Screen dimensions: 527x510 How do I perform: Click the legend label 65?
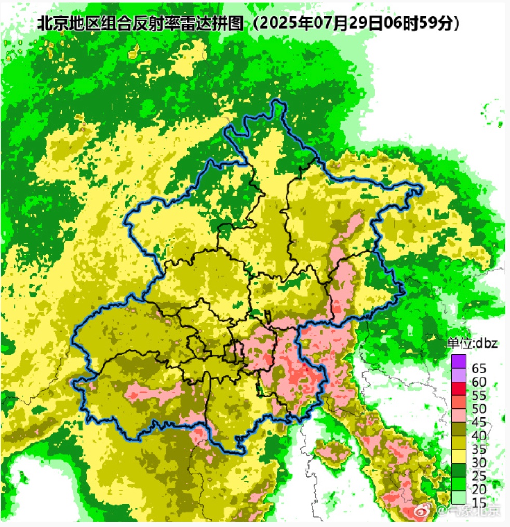click(x=479, y=369)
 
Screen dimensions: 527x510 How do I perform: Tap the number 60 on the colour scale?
click(x=479, y=382)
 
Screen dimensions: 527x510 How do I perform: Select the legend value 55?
click(x=479, y=395)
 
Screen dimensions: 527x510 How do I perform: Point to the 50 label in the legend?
click(x=479, y=408)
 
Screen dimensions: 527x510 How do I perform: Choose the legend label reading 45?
click(x=479, y=421)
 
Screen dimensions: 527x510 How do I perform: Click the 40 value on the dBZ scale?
click(x=479, y=434)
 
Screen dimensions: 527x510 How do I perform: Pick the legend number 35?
click(x=479, y=447)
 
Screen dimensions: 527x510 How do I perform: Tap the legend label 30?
click(x=479, y=460)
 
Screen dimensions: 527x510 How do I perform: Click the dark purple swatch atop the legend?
click(x=459, y=361)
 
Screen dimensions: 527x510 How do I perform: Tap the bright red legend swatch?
click(x=459, y=387)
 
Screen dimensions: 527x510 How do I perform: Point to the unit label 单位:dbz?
click(x=473, y=343)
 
